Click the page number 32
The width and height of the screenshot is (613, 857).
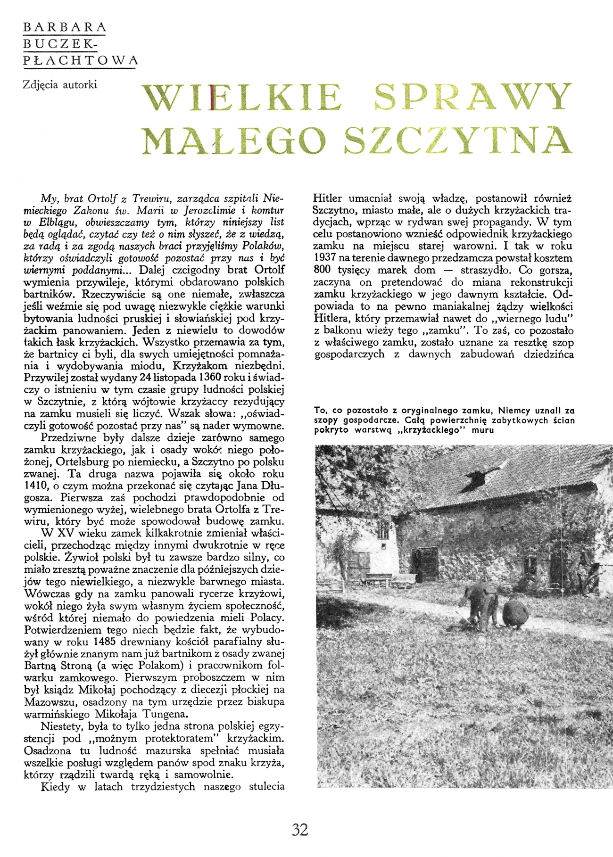(300, 829)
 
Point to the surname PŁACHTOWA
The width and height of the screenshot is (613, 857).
(80, 60)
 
